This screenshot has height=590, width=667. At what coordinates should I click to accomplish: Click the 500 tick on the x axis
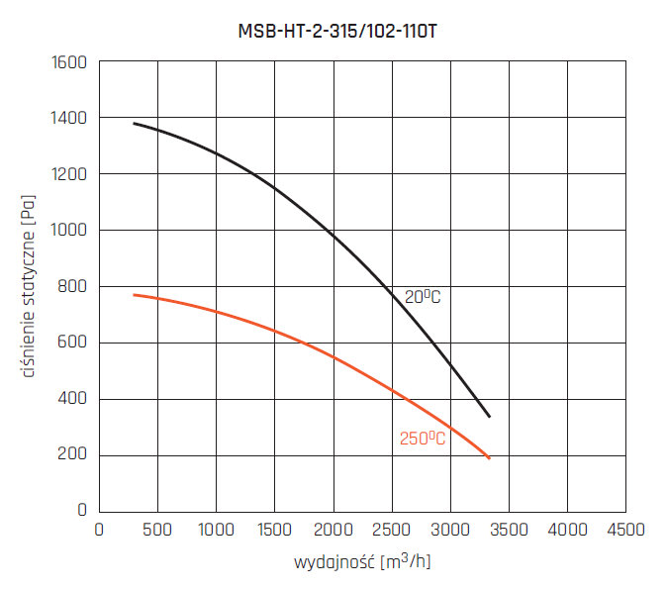point(157,530)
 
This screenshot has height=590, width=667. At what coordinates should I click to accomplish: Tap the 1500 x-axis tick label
point(274,530)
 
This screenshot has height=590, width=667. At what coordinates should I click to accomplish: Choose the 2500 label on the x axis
point(392,530)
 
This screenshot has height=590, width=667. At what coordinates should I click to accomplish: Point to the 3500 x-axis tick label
point(509,530)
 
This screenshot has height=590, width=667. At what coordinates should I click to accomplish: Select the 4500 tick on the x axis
point(625,530)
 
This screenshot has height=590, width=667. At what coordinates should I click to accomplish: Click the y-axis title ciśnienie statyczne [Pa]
point(29,287)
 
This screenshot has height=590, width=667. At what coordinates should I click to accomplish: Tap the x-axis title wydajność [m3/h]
point(362,563)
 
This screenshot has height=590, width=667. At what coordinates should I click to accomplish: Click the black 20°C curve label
point(423,296)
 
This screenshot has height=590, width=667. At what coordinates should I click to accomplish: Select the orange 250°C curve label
point(423,439)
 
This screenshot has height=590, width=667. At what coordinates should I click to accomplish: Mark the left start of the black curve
point(134,124)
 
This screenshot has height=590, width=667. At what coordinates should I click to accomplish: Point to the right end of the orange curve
point(490,458)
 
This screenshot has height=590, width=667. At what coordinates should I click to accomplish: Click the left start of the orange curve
point(134,295)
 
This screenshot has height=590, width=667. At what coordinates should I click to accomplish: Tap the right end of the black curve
point(490,417)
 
